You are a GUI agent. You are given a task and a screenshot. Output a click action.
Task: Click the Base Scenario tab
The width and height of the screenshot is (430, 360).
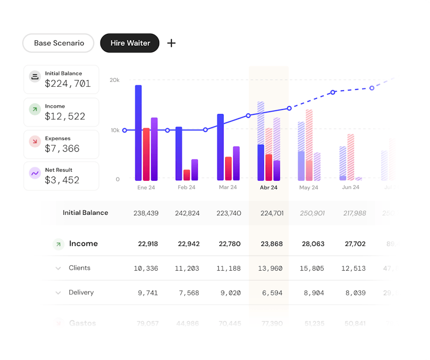pos(59,43)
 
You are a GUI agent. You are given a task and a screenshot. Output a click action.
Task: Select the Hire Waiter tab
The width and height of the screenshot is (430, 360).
pos(130,43)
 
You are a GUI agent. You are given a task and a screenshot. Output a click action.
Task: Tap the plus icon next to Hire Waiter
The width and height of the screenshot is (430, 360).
pos(171,43)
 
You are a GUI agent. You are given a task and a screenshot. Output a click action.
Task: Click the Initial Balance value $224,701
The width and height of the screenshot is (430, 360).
pos(68,84)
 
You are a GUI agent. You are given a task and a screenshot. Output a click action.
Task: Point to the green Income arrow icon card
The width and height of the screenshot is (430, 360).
pos(35,110)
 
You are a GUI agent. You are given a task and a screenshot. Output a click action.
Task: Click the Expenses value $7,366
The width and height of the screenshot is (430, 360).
pos(62,149)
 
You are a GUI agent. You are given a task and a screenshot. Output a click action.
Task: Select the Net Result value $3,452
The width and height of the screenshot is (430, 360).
pos(62,180)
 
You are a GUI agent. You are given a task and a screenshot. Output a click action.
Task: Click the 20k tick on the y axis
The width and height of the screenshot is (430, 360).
pos(114,80)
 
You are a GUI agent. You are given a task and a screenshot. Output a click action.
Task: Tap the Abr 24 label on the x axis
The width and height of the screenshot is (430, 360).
pos(268,188)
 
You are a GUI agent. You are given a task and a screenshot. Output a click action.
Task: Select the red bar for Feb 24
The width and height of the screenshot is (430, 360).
pos(187,175)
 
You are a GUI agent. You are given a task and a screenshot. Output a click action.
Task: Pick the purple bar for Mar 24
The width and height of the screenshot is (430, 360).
pos(236,163)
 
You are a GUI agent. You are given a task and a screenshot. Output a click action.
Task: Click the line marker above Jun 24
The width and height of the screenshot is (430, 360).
pos(333,92)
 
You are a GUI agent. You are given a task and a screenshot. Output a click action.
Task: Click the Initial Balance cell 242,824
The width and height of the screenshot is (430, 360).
pos(187,213)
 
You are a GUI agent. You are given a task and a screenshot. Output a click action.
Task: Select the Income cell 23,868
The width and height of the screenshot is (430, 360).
pos(271,244)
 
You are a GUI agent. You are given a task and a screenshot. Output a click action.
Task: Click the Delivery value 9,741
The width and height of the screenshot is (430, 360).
pos(148,293)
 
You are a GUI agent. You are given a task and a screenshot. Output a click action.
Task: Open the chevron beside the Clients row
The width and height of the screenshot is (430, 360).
pos(58,268)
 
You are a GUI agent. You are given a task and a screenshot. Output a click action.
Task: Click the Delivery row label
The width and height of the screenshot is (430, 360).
pos(81,293)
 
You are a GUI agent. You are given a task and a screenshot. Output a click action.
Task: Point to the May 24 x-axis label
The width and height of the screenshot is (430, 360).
pos(309,188)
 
